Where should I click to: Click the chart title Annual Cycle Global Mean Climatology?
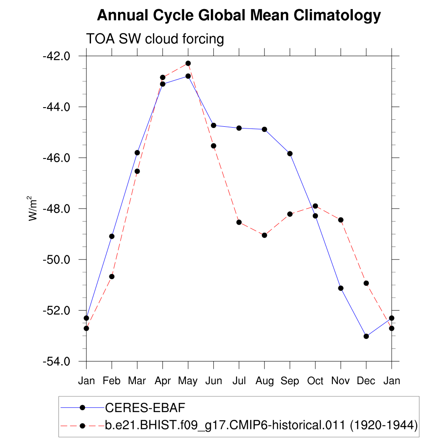coord(239,16)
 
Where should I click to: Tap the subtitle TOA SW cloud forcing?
coord(155,39)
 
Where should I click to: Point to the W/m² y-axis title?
coord(34,209)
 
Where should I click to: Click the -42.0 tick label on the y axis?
coord(56,56)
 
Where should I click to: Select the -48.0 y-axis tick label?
coord(56,209)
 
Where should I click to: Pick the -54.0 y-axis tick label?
coord(56,362)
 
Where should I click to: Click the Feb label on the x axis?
coord(112,381)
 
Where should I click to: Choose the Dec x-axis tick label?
coord(366,381)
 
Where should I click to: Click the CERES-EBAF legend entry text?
coord(145,408)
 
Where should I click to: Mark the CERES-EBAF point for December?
coord(366,336)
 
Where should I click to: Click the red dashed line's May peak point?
coord(188,64)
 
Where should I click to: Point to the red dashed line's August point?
coord(264,235)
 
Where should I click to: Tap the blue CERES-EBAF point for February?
coord(112,236)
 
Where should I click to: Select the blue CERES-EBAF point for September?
coord(290,153)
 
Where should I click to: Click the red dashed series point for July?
coord(239,222)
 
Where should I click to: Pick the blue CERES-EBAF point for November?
coord(341,288)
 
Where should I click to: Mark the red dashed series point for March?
coord(137,171)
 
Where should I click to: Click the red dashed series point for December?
coord(366,283)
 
